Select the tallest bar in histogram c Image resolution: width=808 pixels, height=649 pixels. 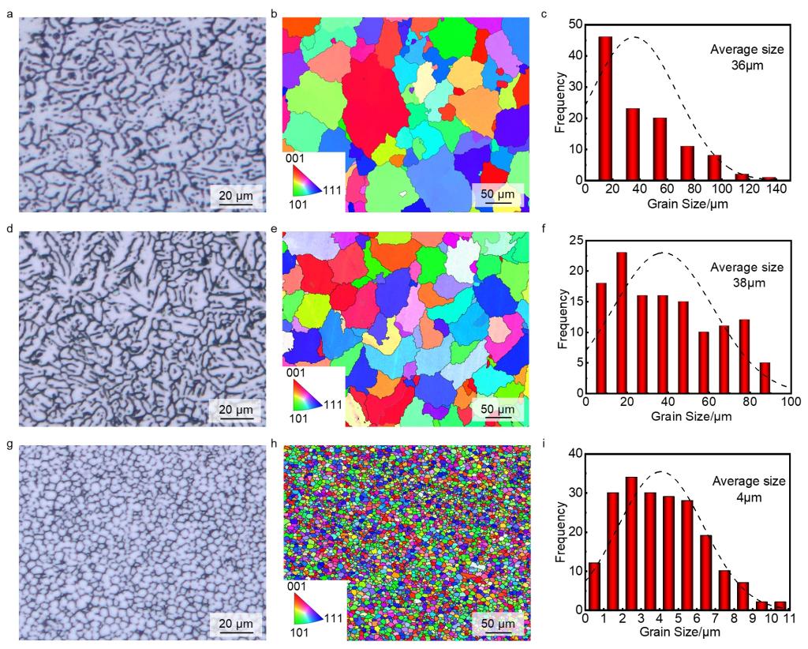pos(606,109)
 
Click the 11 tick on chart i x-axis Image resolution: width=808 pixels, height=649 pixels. pos(788,619)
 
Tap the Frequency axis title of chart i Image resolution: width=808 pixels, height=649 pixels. pos(562,532)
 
